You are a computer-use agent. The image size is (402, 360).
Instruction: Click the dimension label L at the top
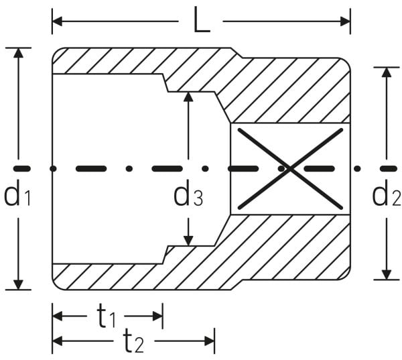coord(202,19)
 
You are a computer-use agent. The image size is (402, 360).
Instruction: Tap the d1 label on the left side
coord(17,193)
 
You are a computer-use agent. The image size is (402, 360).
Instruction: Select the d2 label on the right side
coord(386,193)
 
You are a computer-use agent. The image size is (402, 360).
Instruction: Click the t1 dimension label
coord(106,316)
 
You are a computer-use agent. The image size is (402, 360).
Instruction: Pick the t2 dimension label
coord(133,341)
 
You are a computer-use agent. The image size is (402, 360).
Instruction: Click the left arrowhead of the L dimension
coord(57,21)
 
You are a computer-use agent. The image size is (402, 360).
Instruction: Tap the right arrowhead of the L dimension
coord(345,21)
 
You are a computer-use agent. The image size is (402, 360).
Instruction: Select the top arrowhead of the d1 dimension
coord(18,52)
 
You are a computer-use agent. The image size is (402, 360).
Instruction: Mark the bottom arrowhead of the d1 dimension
coord(18,285)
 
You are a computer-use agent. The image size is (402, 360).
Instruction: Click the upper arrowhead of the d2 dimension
coord(387,72)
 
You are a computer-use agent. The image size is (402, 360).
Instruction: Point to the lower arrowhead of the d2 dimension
coord(387,275)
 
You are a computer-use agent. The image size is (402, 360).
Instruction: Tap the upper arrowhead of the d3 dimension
coord(188,97)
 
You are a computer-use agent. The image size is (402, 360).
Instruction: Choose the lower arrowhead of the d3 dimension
coord(188,241)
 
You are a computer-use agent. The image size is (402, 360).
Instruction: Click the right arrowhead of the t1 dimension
coord(157,316)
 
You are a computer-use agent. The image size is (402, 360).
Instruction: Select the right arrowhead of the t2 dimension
coord(210,341)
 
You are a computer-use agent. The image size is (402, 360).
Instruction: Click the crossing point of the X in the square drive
coord(290,168)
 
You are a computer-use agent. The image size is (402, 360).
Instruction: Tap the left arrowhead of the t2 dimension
coord(57,341)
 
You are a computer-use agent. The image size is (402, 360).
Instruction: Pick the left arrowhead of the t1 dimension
coord(57,316)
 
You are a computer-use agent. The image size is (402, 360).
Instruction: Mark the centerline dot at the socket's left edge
coord(53,168)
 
